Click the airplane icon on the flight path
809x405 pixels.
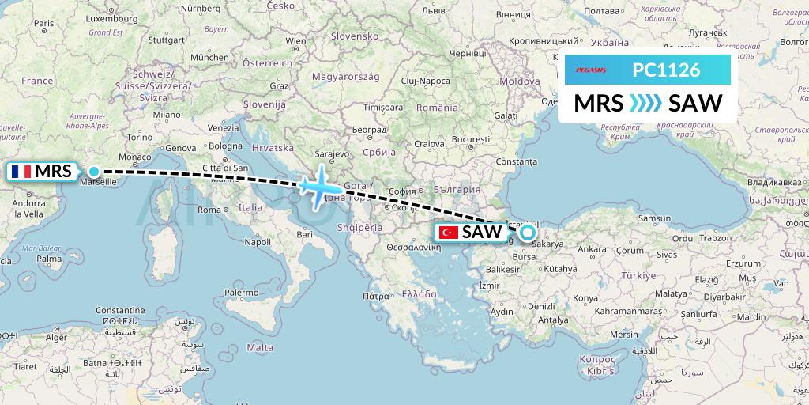coord(320,188)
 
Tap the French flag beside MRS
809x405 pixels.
coord(21,171)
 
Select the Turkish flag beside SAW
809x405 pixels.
coord(450,233)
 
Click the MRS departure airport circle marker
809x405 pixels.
coord(94,172)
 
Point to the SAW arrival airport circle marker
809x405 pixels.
coord(526,233)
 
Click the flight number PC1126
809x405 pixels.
coord(666,70)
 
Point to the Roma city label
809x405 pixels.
coord(209,210)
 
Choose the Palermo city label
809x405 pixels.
coord(241,292)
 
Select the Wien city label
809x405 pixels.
coord(295,40)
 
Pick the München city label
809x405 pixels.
coord(209,57)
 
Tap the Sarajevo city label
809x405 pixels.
coord(332,153)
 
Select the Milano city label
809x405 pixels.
coord(167,114)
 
